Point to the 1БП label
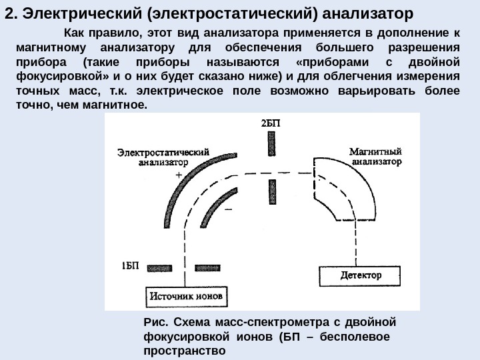131,265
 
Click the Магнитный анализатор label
375,155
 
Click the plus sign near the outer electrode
179,173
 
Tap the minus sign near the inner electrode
229,208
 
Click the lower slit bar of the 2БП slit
271,192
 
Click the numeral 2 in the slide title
8,14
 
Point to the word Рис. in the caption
156,323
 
